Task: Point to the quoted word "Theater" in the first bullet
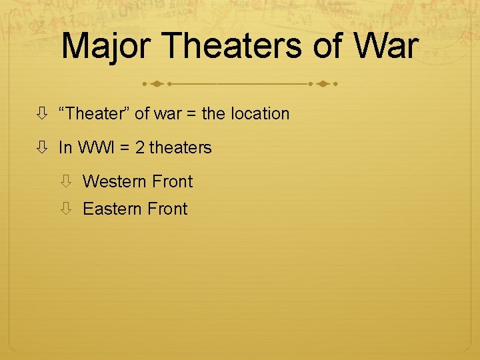[94, 114]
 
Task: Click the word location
[260, 114]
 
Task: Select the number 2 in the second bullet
[139, 148]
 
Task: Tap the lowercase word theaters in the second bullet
[181, 148]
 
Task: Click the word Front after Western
[172, 182]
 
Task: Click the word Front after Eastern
[167, 209]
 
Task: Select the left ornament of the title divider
[156, 85]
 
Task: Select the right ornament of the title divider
[323, 85]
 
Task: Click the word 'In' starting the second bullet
[65, 148]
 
